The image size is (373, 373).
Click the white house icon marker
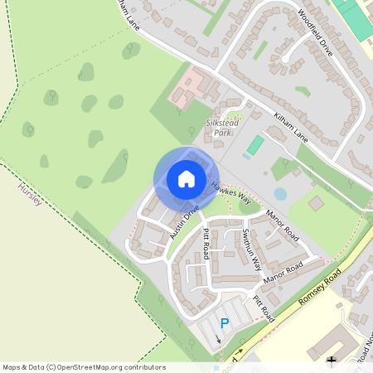coord(186,179)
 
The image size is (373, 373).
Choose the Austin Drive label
coord(186,223)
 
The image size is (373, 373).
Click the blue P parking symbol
coord(224,323)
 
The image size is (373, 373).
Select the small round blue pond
coord(280,194)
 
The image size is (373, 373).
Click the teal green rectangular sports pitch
coord(255,145)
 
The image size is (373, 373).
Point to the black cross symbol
coord(332,361)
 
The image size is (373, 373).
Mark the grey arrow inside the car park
coord(219,337)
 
